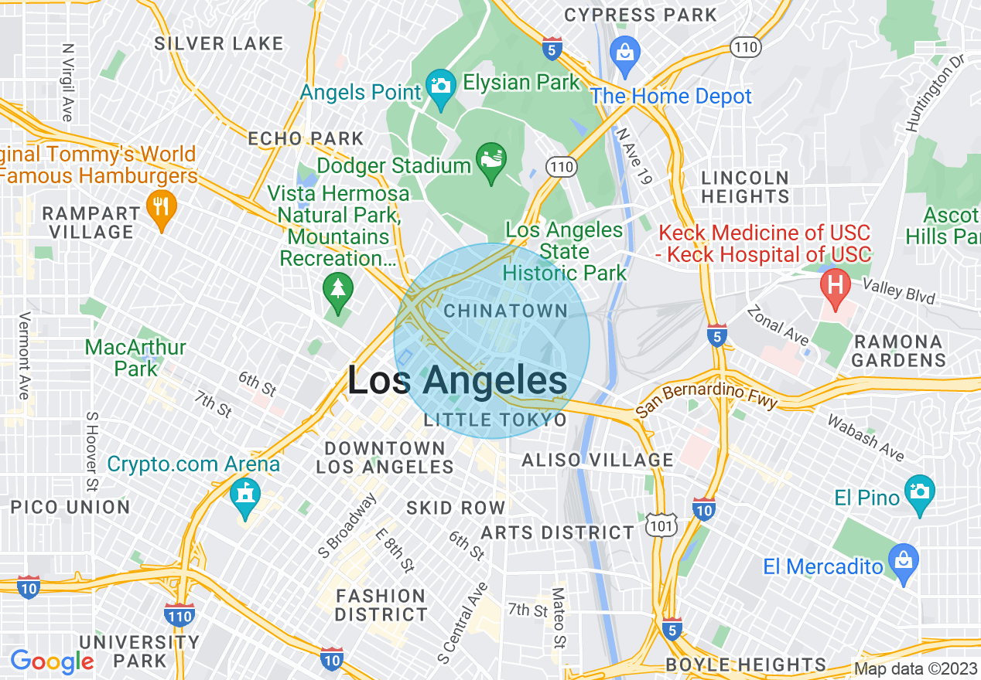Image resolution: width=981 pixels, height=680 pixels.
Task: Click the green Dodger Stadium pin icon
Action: pos(490,161)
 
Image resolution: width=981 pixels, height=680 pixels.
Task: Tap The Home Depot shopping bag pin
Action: pos(624,52)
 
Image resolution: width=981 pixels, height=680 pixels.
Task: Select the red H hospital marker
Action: pos(836,284)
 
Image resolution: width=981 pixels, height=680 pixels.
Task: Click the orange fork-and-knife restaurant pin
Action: pos(161,208)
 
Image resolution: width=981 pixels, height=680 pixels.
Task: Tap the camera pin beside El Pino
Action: pos(919,492)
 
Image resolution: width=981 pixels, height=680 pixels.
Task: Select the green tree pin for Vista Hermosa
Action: pos(338,290)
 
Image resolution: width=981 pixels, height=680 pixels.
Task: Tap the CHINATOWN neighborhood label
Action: pos(506,311)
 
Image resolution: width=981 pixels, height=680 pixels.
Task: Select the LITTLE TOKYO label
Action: pos(495,420)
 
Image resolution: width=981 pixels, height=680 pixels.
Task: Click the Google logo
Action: pos(52,661)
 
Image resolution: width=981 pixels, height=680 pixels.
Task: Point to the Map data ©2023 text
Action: pos(914,668)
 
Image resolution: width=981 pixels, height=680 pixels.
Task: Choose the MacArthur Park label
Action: pos(135,358)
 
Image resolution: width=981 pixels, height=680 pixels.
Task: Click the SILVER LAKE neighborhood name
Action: pos(219,43)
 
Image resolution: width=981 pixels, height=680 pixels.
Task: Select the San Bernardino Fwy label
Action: pos(706,399)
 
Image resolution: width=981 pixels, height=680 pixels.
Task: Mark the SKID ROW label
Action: pos(456,508)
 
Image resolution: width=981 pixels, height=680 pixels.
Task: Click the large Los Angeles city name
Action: pos(456,382)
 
